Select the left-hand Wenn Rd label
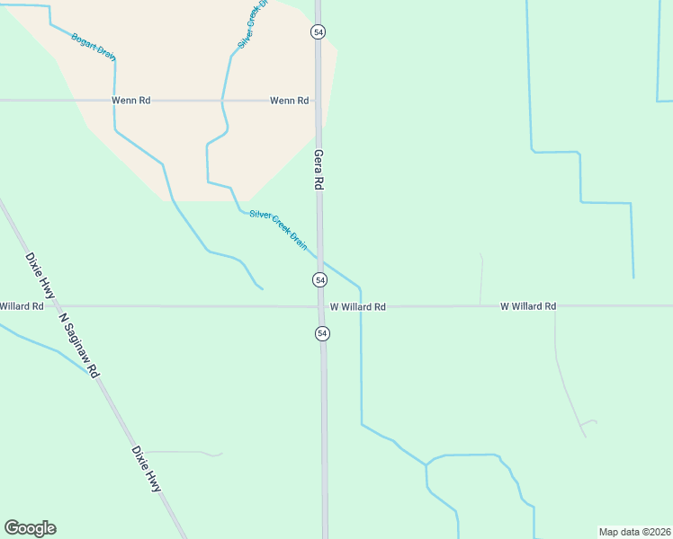tap(130, 101)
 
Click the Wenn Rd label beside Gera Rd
tap(289, 101)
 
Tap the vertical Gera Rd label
tap(318, 169)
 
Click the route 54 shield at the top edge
tap(318, 31)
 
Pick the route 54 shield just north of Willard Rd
tap(319, 279)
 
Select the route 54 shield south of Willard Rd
tap(322, 333)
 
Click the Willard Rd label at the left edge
tap(22, 306)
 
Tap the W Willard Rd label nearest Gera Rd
tap(357, 307)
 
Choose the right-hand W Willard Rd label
tap(528, 306)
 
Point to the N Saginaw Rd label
tap(78, 344)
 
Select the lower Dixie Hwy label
tap(146, 468)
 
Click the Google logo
tap(30, 528)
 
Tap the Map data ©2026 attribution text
tap(634, 532)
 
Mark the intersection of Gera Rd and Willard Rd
tap(321, 306)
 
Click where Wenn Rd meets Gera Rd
tap(317, 101)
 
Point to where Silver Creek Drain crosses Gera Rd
tap(320, 259)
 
